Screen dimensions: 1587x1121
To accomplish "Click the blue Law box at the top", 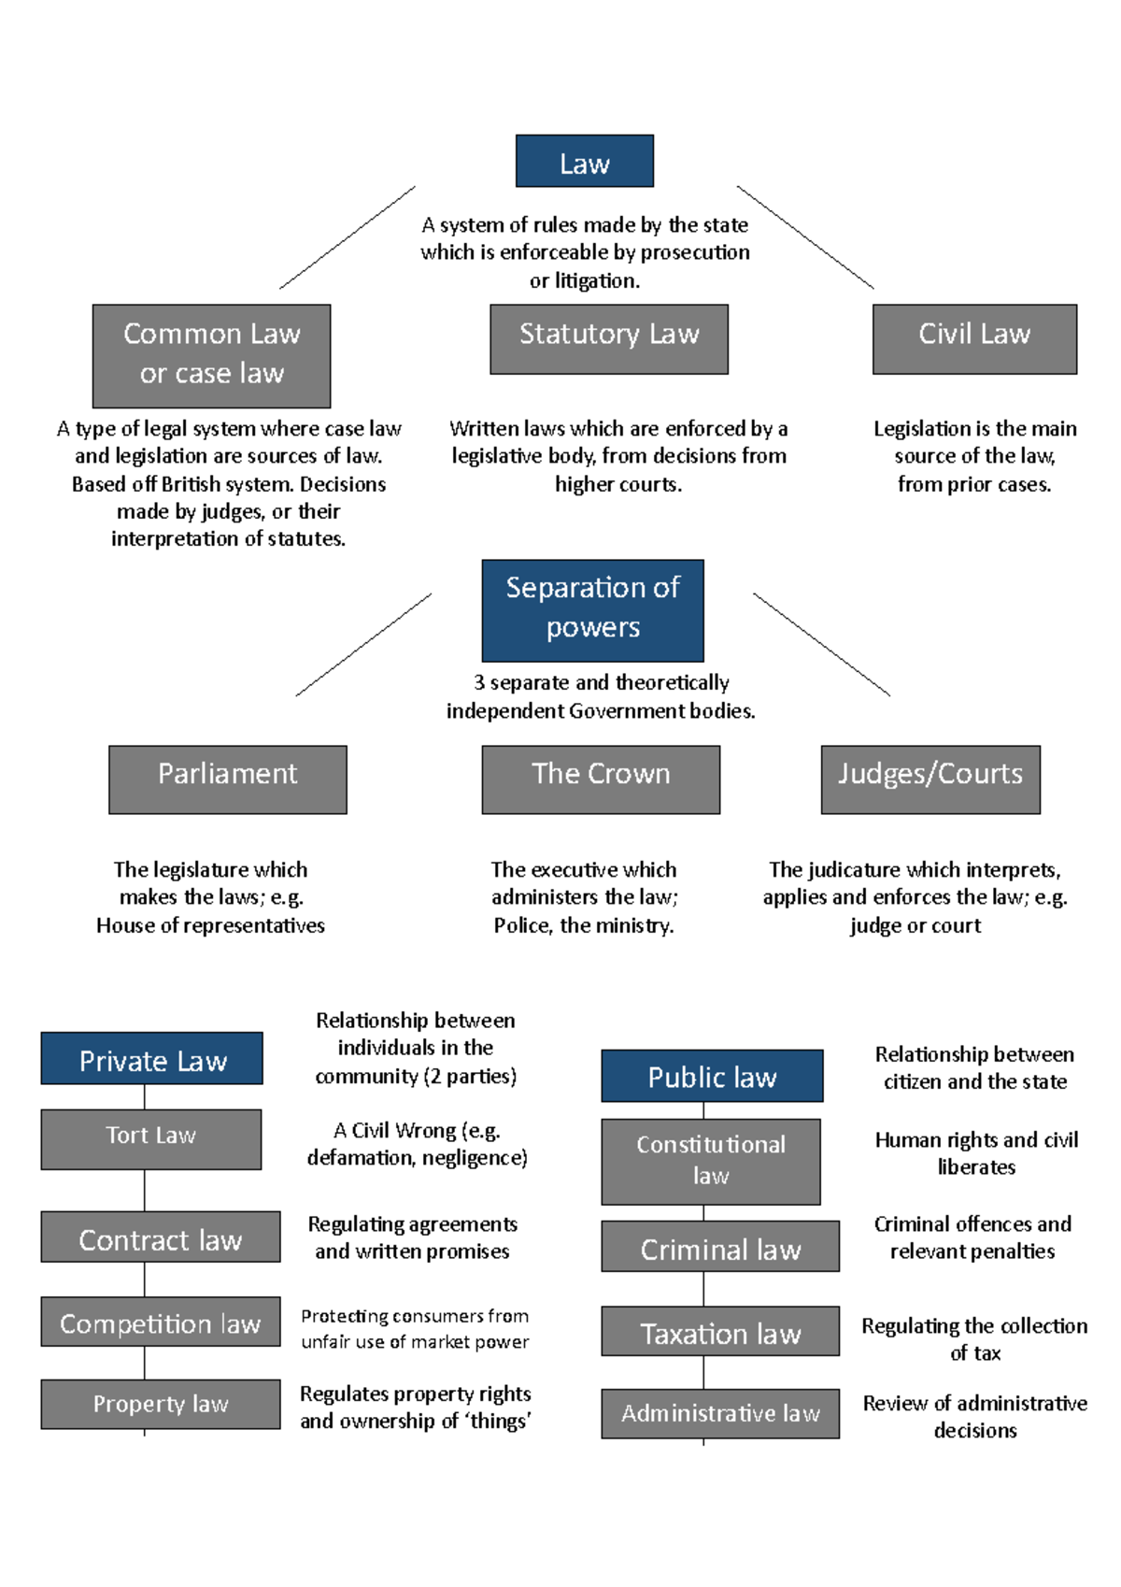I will [584, 162].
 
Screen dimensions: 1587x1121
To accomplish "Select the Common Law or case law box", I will [211, 355].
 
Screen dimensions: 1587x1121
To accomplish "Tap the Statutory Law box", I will [608, 338].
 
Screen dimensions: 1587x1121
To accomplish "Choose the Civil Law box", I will [974, 338].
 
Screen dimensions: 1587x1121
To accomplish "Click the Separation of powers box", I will [592, 610].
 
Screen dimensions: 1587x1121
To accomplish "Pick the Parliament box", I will [227, 779].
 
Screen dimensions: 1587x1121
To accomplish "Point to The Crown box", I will [601, 779].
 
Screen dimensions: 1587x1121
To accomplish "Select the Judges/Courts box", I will [930, 779].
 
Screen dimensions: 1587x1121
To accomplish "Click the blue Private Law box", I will [151, 1059].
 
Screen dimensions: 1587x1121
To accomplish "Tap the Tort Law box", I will [150, 1139].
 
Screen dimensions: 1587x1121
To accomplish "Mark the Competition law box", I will [160, 1322].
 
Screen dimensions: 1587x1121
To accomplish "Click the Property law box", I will [160, 1404].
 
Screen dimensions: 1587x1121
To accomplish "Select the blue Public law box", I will [712, 1076].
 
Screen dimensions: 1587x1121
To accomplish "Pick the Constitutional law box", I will [710, 1162].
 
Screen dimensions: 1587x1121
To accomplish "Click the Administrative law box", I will [719, 1413].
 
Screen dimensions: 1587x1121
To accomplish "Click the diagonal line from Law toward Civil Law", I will [805, 237].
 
